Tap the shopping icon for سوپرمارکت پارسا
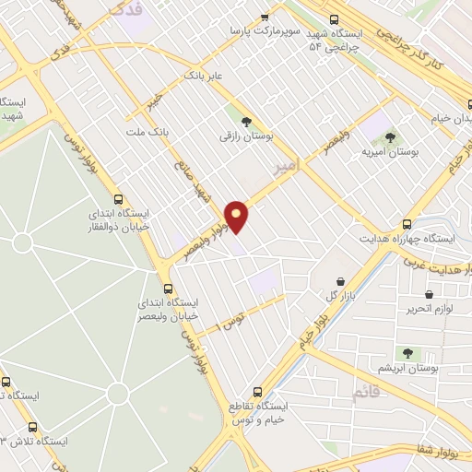pyautogui.click(x=266, y=17)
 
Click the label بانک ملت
pyautogui.click(x=149, y=135)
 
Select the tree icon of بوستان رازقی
pyautogui.click(x=245, y=121)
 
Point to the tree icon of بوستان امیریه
pyautogui.click(x=389, y=136)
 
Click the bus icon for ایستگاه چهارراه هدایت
pyautogui.click(x=407, y=223)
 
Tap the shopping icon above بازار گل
pyautogui.click(x=340, y=281)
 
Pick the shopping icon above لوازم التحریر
pyautogui.click(x=430, y=295)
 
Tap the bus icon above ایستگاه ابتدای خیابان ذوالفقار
pyautogui.click(x=117, y=198)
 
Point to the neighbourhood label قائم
pyautogui.click(x=364, y=394)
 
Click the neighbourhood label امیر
pyautogui.click(x=288, y=165)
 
